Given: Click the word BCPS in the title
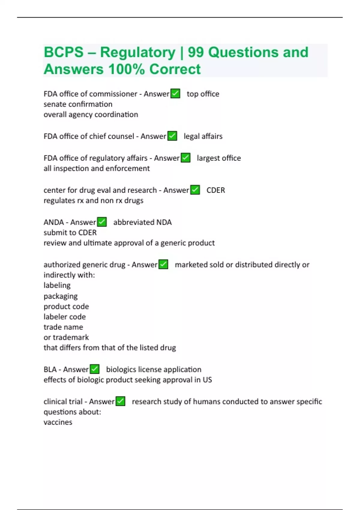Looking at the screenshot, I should [64, 52].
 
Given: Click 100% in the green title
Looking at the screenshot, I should [127, 69].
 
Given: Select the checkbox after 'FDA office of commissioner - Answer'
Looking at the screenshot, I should [175, 94].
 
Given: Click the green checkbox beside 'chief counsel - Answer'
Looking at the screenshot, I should [172, 136].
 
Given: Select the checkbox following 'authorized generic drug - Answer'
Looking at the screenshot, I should [163, 264].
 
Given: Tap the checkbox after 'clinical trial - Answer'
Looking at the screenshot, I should [120, 401].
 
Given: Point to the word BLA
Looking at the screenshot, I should [50, 369].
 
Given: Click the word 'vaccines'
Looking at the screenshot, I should [58, 422].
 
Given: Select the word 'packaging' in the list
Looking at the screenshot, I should [61, 296].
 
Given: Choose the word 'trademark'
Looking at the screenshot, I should [71, 337].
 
